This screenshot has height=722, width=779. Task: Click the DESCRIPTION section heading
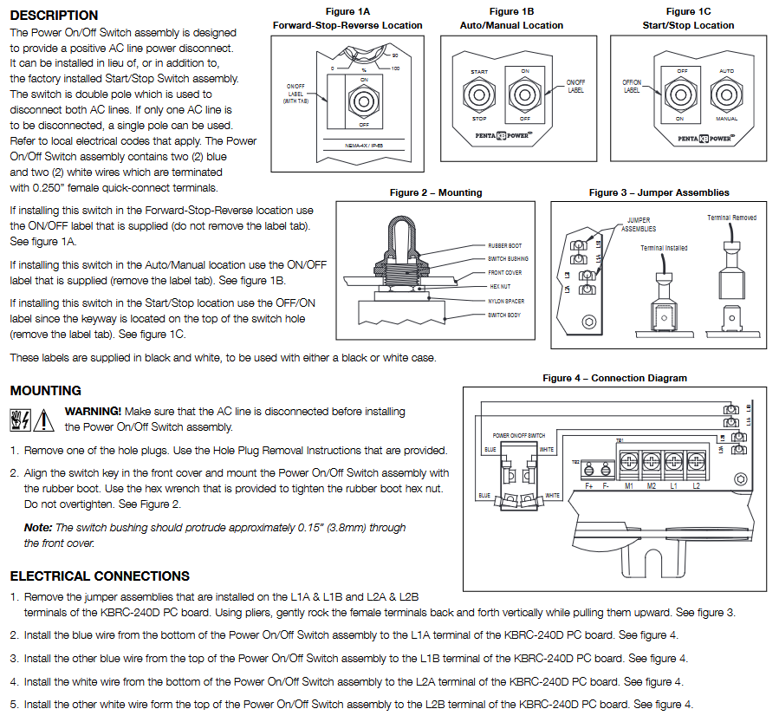(x=54, y=15)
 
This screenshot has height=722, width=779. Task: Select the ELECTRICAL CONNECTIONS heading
(x=100, y=576)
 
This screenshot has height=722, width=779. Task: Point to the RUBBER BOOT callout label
(x=504, y=245)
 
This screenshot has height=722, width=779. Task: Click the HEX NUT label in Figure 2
(x=500, y=286)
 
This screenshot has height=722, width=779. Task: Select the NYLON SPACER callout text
(x=506, y=301)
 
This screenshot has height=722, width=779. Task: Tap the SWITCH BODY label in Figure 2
(x=504, y=315)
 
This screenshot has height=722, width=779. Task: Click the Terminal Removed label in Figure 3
(x=731, y=218)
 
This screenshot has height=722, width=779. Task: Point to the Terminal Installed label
(x=664, y=248)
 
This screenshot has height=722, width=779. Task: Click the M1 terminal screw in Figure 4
(x=628, y=459)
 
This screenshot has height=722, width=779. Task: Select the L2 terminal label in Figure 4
(x=696, y=485)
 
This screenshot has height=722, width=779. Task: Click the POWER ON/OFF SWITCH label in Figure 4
(x=518, y=435)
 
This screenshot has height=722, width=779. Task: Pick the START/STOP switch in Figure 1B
(x=479, y=94)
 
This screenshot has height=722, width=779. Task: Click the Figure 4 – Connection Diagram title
(x=614, y=378)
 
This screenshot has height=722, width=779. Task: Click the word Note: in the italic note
(x=38, y=527)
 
